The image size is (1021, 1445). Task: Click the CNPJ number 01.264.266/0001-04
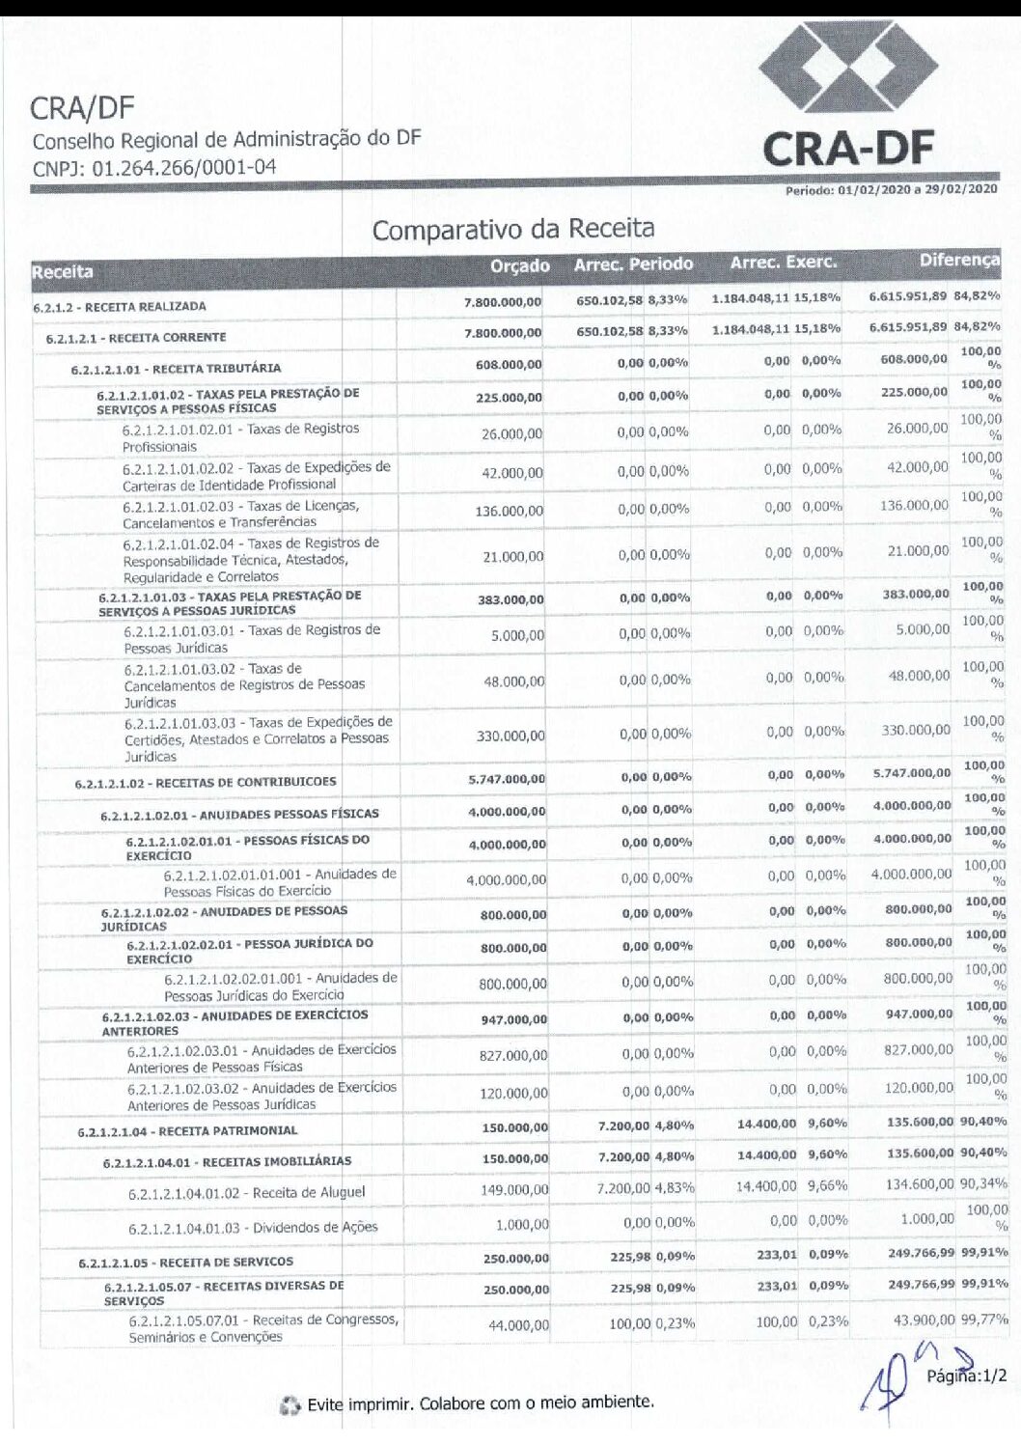tap(154, 168)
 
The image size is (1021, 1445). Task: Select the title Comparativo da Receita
tap(512, 230)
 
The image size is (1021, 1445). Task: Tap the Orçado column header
tap(519, 265)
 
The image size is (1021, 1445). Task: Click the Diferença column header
tap(958, 260)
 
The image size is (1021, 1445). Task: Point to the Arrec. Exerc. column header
tap(783, 263)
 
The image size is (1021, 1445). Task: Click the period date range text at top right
tap(891, 190)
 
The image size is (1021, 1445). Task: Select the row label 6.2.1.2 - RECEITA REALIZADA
tap(120, 307)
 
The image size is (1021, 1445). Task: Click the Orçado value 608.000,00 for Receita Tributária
tap(509, 365)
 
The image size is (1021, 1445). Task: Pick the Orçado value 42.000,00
tap(512, 473)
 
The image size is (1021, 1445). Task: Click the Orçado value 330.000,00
tap(510, 736)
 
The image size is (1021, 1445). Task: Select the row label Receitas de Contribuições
tap(206, 783)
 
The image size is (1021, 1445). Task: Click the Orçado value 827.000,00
tap(513, 1056)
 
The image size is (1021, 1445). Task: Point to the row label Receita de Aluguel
tap(247, 1193)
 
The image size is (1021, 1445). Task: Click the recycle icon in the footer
tap(290, 1406)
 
